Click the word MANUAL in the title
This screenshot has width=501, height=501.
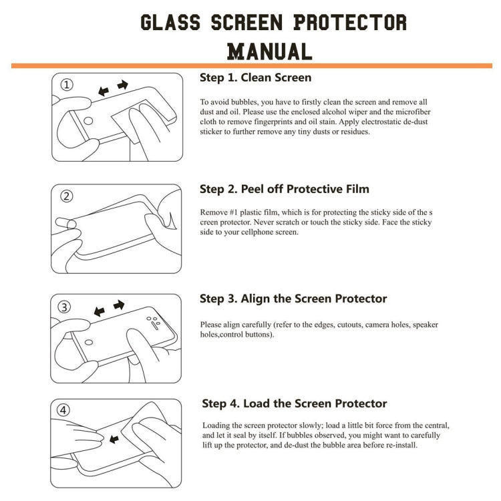(x=269, y=51)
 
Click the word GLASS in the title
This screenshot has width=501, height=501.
(x=170, y=22)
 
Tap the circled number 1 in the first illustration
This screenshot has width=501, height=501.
(x=67, y=85)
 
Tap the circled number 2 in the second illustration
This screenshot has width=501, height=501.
(x=67, y=196)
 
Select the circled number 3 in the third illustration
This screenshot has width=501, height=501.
(x=65, y=307)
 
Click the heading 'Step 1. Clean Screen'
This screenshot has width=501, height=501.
(x=255, y=77)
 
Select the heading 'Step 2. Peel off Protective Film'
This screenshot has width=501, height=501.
(x=284, y=189)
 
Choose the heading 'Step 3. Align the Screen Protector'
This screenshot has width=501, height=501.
(x=293, y=299)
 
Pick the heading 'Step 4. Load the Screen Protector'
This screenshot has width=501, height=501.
(x=295, y=403)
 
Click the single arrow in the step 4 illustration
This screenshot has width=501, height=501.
(x=114, y=439)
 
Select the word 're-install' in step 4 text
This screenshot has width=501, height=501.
(x=399, y=445)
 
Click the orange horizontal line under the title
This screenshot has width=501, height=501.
(x=251, y=65)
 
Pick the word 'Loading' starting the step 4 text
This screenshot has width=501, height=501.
(x=216, y=425)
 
